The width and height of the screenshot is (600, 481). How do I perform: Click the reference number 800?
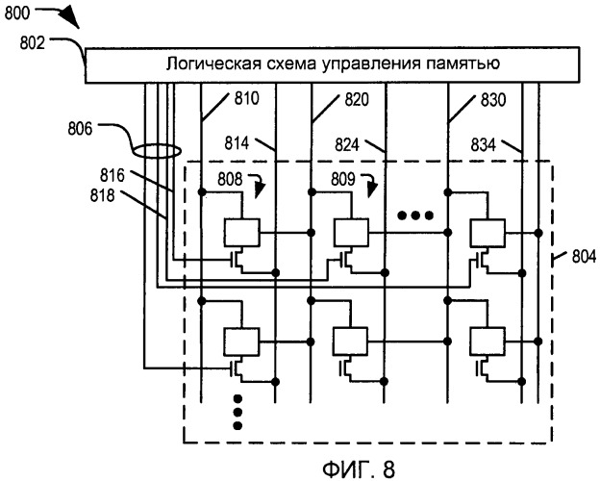[x=17, y=13]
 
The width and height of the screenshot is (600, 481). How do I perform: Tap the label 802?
[x=32, y=42]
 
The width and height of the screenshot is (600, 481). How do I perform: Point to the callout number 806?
[x=80, y=128]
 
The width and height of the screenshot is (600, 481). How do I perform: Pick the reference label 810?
[x=247, y=98]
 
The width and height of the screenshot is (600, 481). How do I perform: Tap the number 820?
[x=357, y=99]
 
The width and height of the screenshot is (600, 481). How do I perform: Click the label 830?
[x=493, y=100]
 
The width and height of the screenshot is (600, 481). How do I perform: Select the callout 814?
[x=237, y=143]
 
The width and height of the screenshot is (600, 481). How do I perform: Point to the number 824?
[x=347, y=144]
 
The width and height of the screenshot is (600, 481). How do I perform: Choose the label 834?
[x=484, y=144]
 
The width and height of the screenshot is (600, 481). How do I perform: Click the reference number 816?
[x=112, y=175]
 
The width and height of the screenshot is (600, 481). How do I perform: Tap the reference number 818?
[x=103, y=195]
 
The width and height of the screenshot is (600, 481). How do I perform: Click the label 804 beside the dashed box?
[x=584, y=256]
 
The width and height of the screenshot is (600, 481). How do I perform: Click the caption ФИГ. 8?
[x=359, y=468]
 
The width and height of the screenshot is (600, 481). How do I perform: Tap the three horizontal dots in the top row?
[x=415, y=215]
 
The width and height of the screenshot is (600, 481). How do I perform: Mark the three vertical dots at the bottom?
[x=237, y=412]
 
